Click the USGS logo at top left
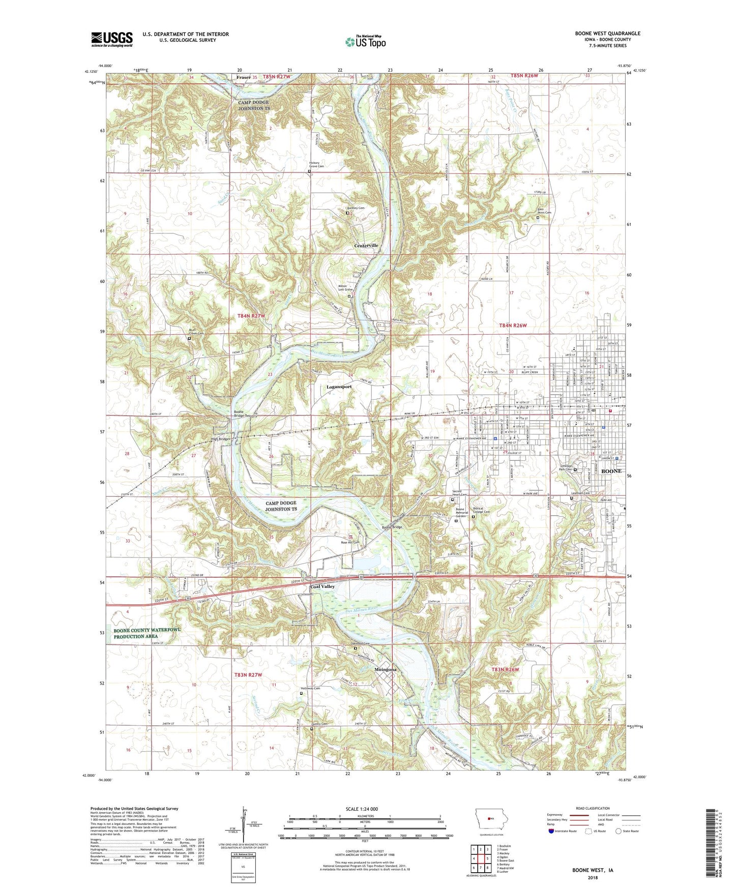(112, 39)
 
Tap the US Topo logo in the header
(365, 42)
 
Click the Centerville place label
(366, 246)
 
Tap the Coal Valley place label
(322, 586)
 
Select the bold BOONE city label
(611, 471)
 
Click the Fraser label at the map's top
(244, 77)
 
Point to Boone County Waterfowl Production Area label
(147, 633)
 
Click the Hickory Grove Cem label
(316, 165)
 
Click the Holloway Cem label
(310, 688)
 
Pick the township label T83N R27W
(248, 674)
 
